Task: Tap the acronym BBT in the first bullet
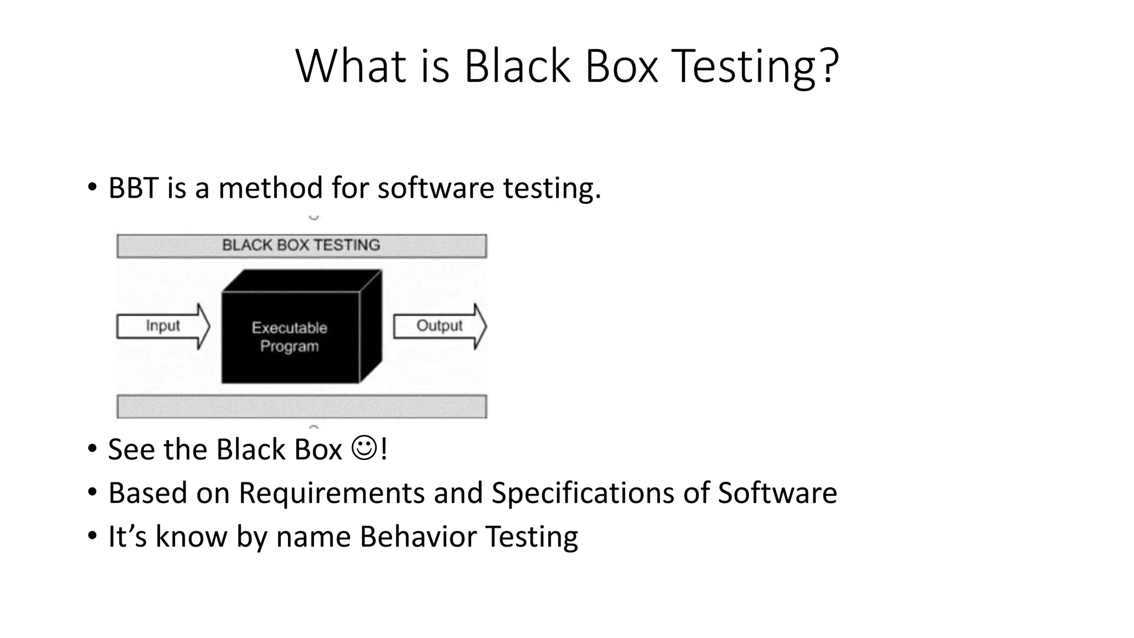click(x=133, y=188)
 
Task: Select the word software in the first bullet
click(x=436, y=188)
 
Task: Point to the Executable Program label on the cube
click(x=290, y=337)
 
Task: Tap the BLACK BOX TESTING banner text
click(x=301, y=245)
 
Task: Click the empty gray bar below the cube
click(x=302, y=407)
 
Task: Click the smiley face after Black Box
click(x=364, y=449)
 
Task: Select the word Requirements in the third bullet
click(x=331, y=493)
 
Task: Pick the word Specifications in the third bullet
click(x=583, y=493)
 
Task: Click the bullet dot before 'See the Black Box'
click(x=92, y=449)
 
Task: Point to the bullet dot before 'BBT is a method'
click(x=92, y=187)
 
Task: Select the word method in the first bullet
click(x=271, y=188)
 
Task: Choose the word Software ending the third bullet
click(x=777, y=493)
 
